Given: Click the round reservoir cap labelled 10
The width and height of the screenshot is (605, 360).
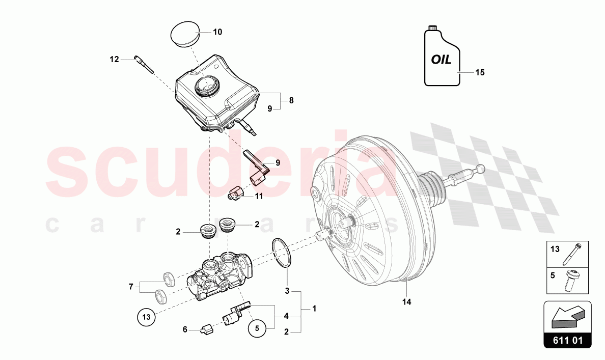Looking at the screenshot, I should [183, 34].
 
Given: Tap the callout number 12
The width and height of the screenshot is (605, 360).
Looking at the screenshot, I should [114, 60].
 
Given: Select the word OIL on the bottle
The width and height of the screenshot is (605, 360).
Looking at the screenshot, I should [441, 60].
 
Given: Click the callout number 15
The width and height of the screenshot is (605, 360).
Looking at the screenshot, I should [480, 72].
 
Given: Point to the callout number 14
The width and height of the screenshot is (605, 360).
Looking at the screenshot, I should [406, 302].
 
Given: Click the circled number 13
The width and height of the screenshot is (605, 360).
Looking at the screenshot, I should [146, 317].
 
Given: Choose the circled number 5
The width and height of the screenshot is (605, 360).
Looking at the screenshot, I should [257, 329].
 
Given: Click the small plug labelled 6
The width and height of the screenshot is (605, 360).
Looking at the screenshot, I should [207, 330].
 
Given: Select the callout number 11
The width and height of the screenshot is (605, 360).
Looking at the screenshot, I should [259, 196].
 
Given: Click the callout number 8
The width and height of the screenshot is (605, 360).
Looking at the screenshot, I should [291, 100].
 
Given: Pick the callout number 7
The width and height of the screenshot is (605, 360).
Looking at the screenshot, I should [131, 287].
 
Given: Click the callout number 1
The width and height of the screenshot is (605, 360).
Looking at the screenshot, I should [314, 308].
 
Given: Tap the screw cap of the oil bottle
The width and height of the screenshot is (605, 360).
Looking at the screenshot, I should [433, 26].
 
